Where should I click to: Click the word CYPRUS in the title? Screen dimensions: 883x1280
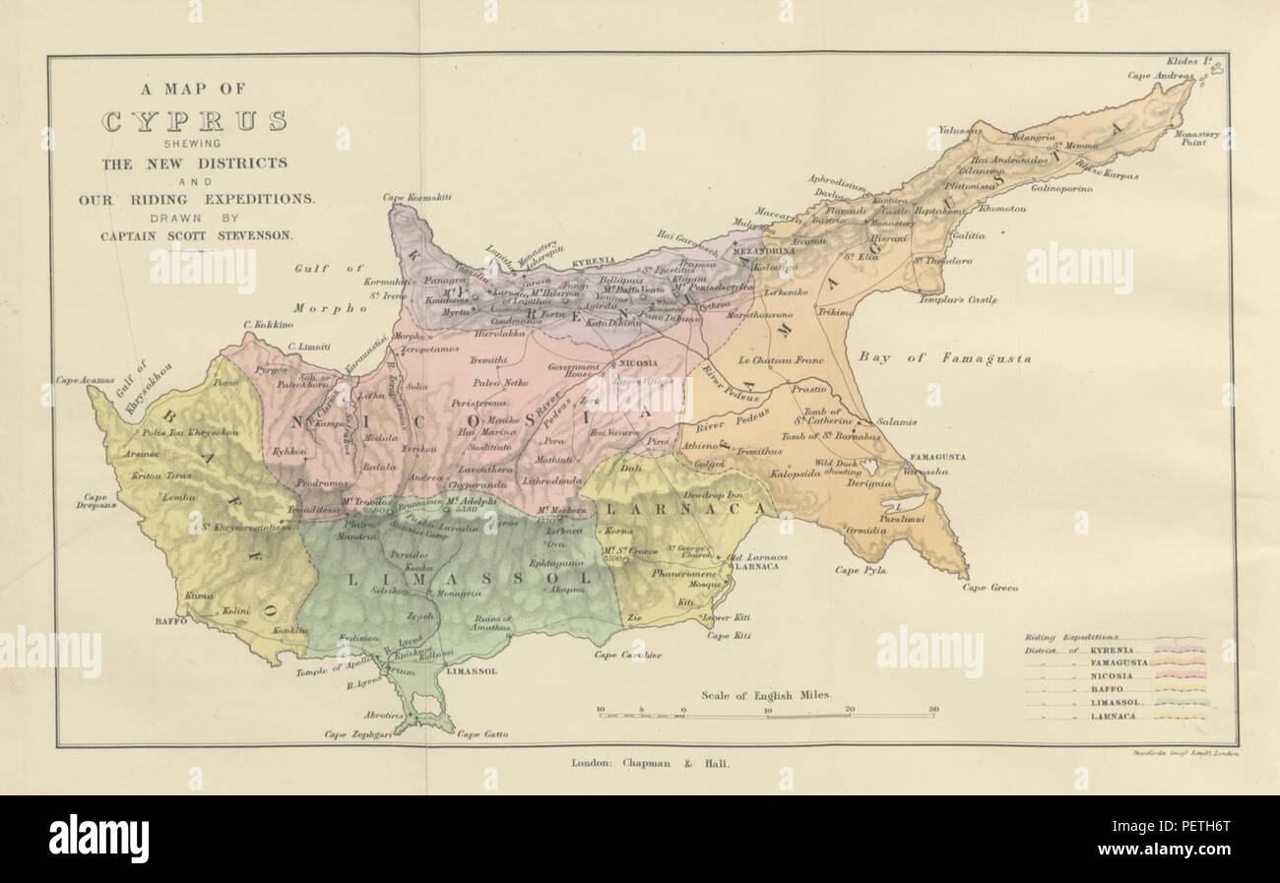[196, 123]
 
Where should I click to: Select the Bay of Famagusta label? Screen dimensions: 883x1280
[942, 359]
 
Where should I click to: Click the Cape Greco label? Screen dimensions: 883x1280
[990, 588]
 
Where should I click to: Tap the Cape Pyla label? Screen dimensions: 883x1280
[862, 569]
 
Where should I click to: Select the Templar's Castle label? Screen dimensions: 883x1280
[958, 299]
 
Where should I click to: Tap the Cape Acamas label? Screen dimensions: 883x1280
[85, 379]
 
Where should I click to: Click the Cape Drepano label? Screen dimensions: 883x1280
[96, 503]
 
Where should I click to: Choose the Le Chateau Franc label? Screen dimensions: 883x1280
[787, 360]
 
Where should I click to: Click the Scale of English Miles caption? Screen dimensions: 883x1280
[766, 694]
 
